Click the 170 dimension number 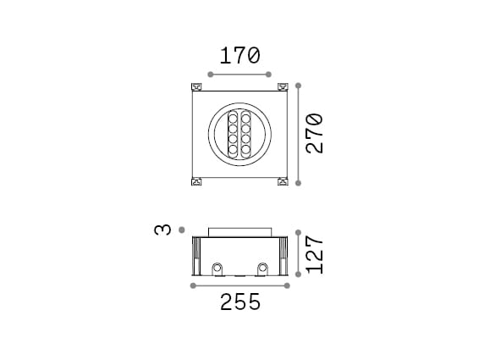pos(239,57)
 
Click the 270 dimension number pos(315,133)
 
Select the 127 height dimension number pos(315,253)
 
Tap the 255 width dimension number pos(239,302)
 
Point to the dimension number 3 pos(164,230)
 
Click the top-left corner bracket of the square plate pos(198,86)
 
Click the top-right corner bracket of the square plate pos(282,86)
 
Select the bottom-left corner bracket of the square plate pos(198,180)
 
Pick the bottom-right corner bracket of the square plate pos(282,180)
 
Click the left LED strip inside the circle pos(232,134)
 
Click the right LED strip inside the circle pos(247,134)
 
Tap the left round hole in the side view pos(218,269)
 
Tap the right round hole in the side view pos(262,269)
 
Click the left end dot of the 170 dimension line pos(210,75)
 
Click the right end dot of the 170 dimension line pos(270,75)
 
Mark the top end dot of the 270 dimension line pos(298,85)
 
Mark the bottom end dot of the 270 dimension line pos(298,181)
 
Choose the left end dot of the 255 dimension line pos(193,286)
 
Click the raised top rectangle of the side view pos(239,231)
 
